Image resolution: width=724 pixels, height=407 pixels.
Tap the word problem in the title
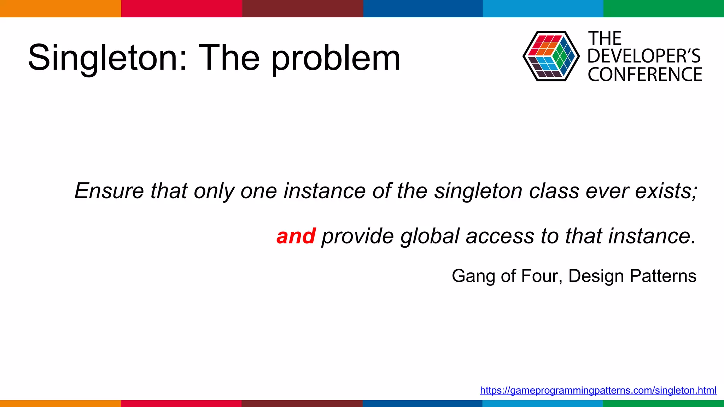[336, 59]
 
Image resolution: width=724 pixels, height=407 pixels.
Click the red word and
[296, 236]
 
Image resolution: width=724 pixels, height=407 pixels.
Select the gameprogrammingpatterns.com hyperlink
[598, 390]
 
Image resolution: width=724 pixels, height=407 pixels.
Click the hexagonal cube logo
[551, 56]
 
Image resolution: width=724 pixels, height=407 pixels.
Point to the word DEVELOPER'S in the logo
[644, 56]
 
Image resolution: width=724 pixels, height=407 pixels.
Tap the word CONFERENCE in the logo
[645, 75]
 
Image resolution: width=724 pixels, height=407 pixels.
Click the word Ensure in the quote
[109, 191]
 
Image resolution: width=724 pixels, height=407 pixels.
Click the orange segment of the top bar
[60, 8]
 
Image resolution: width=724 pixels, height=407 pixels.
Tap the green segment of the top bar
[664, 8]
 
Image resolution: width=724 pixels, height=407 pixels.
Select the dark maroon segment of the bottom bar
[302, 403]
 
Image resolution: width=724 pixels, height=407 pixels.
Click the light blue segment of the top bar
[543, 8]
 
